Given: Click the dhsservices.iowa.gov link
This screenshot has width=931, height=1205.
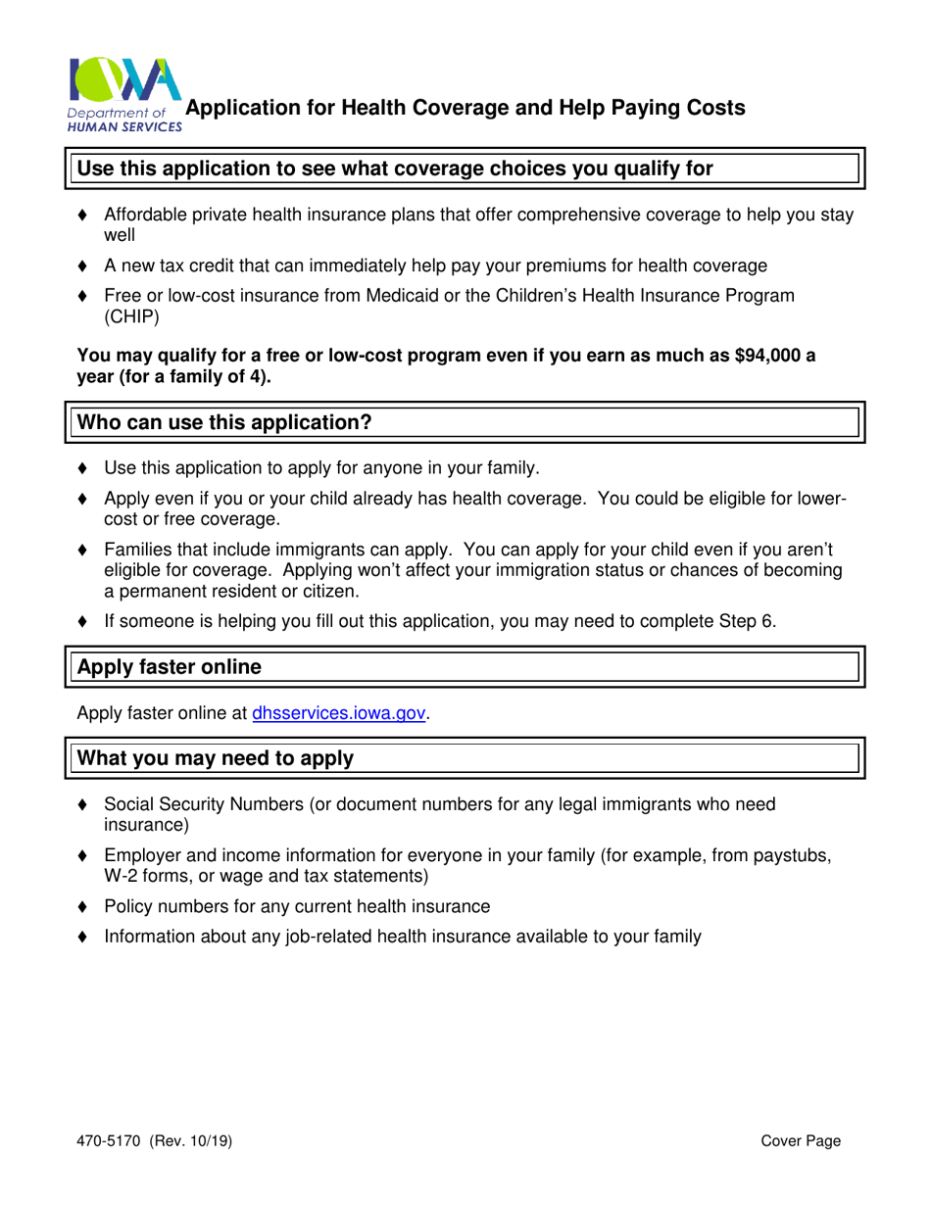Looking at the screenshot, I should click(x=339, y=714).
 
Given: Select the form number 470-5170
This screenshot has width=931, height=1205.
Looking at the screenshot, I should click(x=110, y=1141).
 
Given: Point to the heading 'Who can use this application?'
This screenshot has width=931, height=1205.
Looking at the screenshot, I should click(x=224, y=422).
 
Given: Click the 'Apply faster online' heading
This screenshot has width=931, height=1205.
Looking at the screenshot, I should click(x=170, y=667).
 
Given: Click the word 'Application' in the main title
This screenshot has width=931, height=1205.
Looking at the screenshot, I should click(x=243, y=108).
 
